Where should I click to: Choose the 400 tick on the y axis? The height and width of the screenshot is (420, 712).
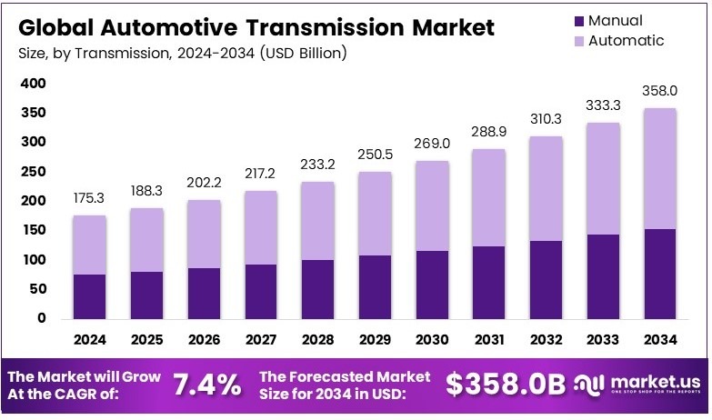(32, 84)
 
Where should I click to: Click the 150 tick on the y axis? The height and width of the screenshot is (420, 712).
(32, 230)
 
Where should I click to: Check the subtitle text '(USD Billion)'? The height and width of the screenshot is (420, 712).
(303, 54)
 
